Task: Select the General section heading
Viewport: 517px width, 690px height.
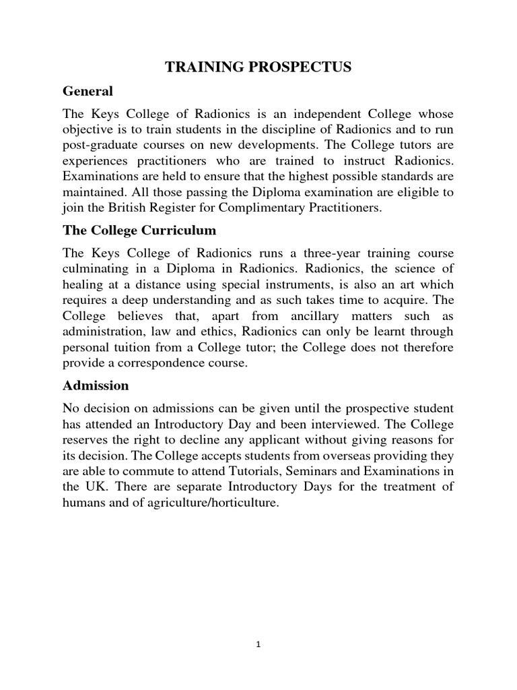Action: [x=88, y=90]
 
